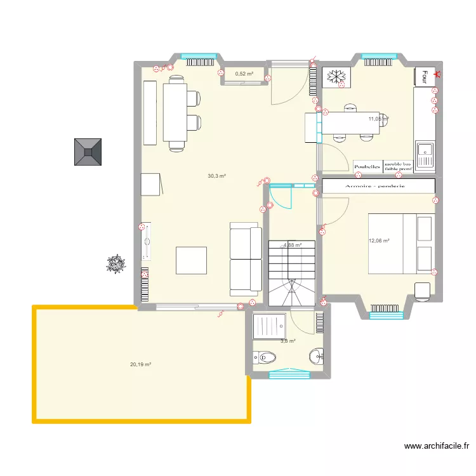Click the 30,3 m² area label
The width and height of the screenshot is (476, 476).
pyautogui.click(x=217, y=176)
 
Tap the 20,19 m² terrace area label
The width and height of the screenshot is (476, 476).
pyautogui.click(x=140, y=364)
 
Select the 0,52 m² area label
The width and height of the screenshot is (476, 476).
pyautogui.click(x=244, y=74)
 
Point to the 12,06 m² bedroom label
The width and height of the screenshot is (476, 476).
pyautogui.click(x=379, y=241)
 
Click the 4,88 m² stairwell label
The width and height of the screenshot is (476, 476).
pyautogui.click(x=292, y=245)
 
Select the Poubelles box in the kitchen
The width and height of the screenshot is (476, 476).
pyautogui.click(x=367, y=167)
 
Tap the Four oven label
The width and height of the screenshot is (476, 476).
pyautogui.click(x=424, y=76)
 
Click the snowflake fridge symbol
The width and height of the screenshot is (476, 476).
pyautogui.click(x=336, y=77)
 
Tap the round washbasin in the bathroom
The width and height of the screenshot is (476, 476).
pyautogui.click(x=315, y=355)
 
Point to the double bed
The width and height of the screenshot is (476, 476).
pyautogui.click(x=401, y=244)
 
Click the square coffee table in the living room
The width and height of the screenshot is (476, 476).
pyautogui.click(x=192, y=260)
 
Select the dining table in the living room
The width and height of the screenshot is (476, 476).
pyautogui.click(x=175, y=112)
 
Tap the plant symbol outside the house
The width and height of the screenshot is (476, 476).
pyautogui.click(x=116, y=263)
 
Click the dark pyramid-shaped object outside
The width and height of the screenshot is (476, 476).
pyautogui.click(x=88, y=152)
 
